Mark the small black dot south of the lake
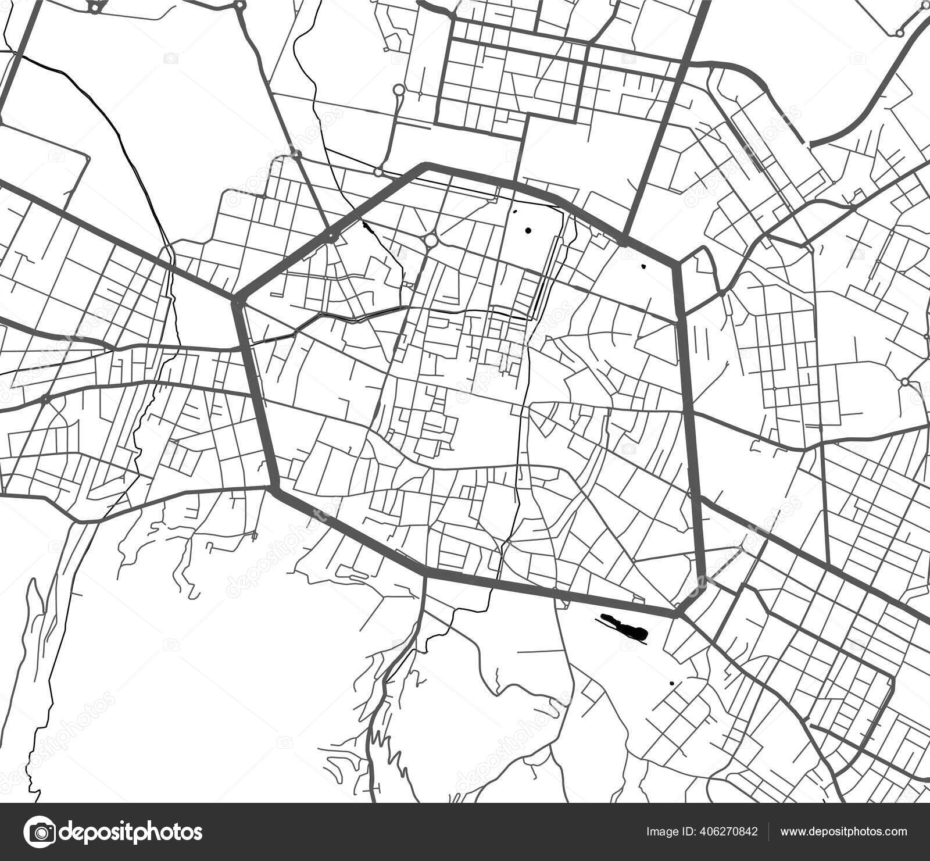point(671,683)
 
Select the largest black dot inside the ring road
point(528,231)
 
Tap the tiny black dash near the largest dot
point(515,212)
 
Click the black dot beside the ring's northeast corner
point(643,267)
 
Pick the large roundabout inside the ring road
point(431,240)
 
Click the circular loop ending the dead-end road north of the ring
point(399,90)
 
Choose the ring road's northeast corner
point(676,265)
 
